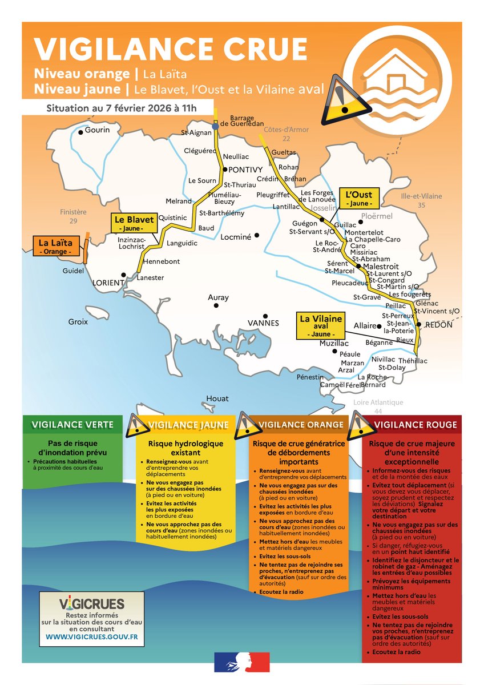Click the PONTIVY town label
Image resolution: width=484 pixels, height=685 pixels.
point(245,170)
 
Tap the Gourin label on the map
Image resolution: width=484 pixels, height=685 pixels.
point(98,130)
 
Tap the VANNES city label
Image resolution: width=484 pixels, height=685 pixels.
point(263,323)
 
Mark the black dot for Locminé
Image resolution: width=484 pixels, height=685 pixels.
point(257,235)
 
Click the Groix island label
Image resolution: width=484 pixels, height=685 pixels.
point(78,321)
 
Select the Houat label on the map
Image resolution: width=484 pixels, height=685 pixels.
point(217,398)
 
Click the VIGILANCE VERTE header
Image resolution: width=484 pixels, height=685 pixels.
point(72,425)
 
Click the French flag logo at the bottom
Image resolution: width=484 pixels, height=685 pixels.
point(241,662)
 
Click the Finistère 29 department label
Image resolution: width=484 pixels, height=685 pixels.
point(73,216)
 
